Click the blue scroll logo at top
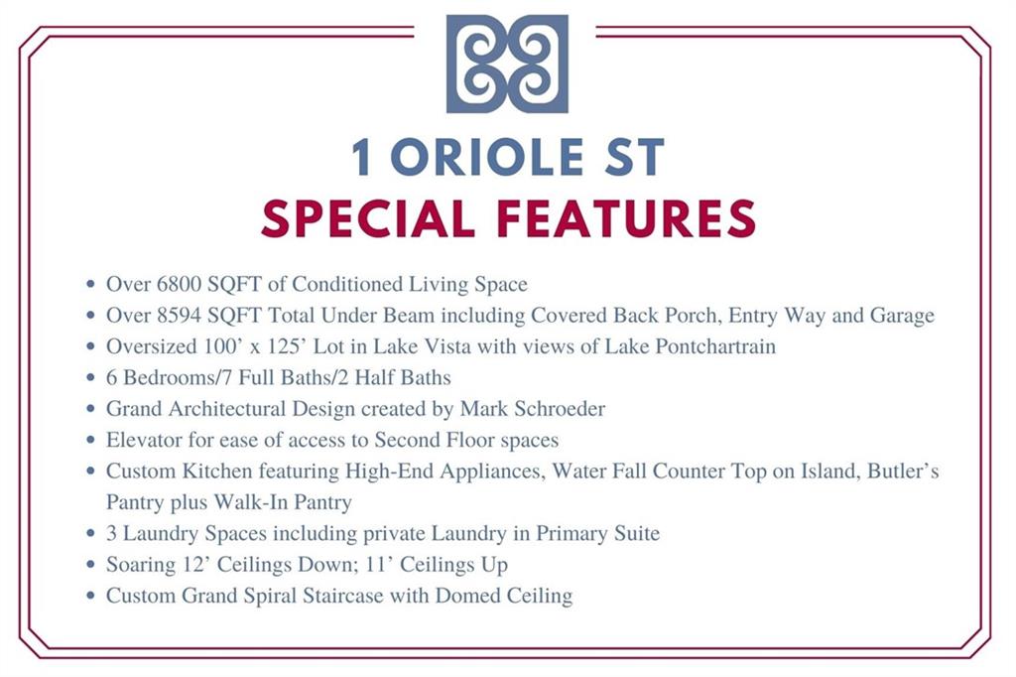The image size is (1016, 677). pos(507,64)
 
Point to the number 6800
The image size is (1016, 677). pos(180,284)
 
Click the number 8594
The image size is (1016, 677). pos(180,315)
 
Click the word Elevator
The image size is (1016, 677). pos(144,440)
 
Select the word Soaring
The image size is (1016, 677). pos(141,565)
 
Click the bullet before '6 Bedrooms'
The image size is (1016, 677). pos(90,377)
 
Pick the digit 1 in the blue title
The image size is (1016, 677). pos(361,158)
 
